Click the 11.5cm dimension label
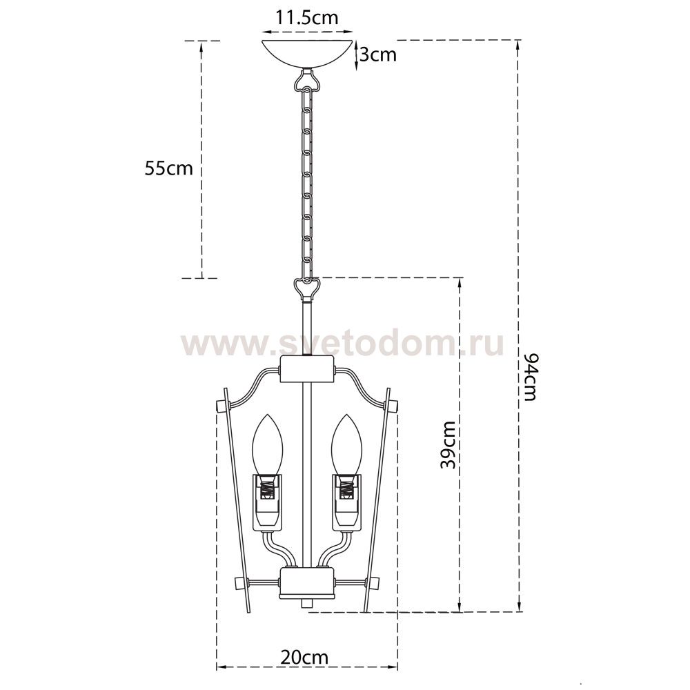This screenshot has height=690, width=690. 307,18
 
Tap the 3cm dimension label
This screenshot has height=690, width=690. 377,55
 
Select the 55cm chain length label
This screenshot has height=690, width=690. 169,168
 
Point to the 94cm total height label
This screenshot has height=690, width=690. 529,377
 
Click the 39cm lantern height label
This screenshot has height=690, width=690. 448,444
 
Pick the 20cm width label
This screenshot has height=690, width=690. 304,658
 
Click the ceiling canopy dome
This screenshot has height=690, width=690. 308,53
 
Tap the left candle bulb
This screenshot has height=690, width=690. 266,445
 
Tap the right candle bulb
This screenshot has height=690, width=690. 347,445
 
